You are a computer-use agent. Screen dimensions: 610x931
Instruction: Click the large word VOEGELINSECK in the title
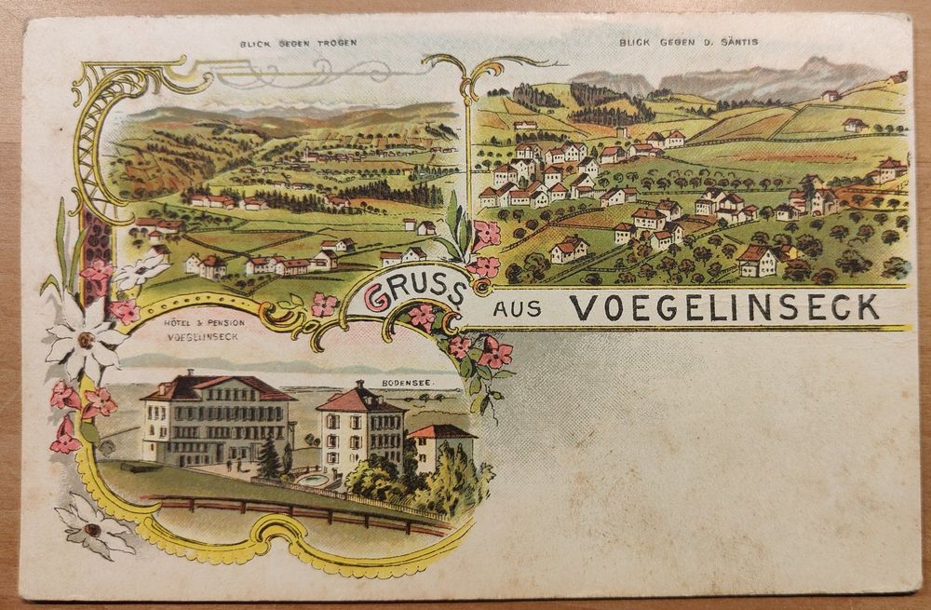(724, 306)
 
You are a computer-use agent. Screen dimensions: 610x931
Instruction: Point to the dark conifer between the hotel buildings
(270, 455)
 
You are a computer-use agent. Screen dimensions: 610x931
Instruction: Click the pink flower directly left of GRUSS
(325, 304)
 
